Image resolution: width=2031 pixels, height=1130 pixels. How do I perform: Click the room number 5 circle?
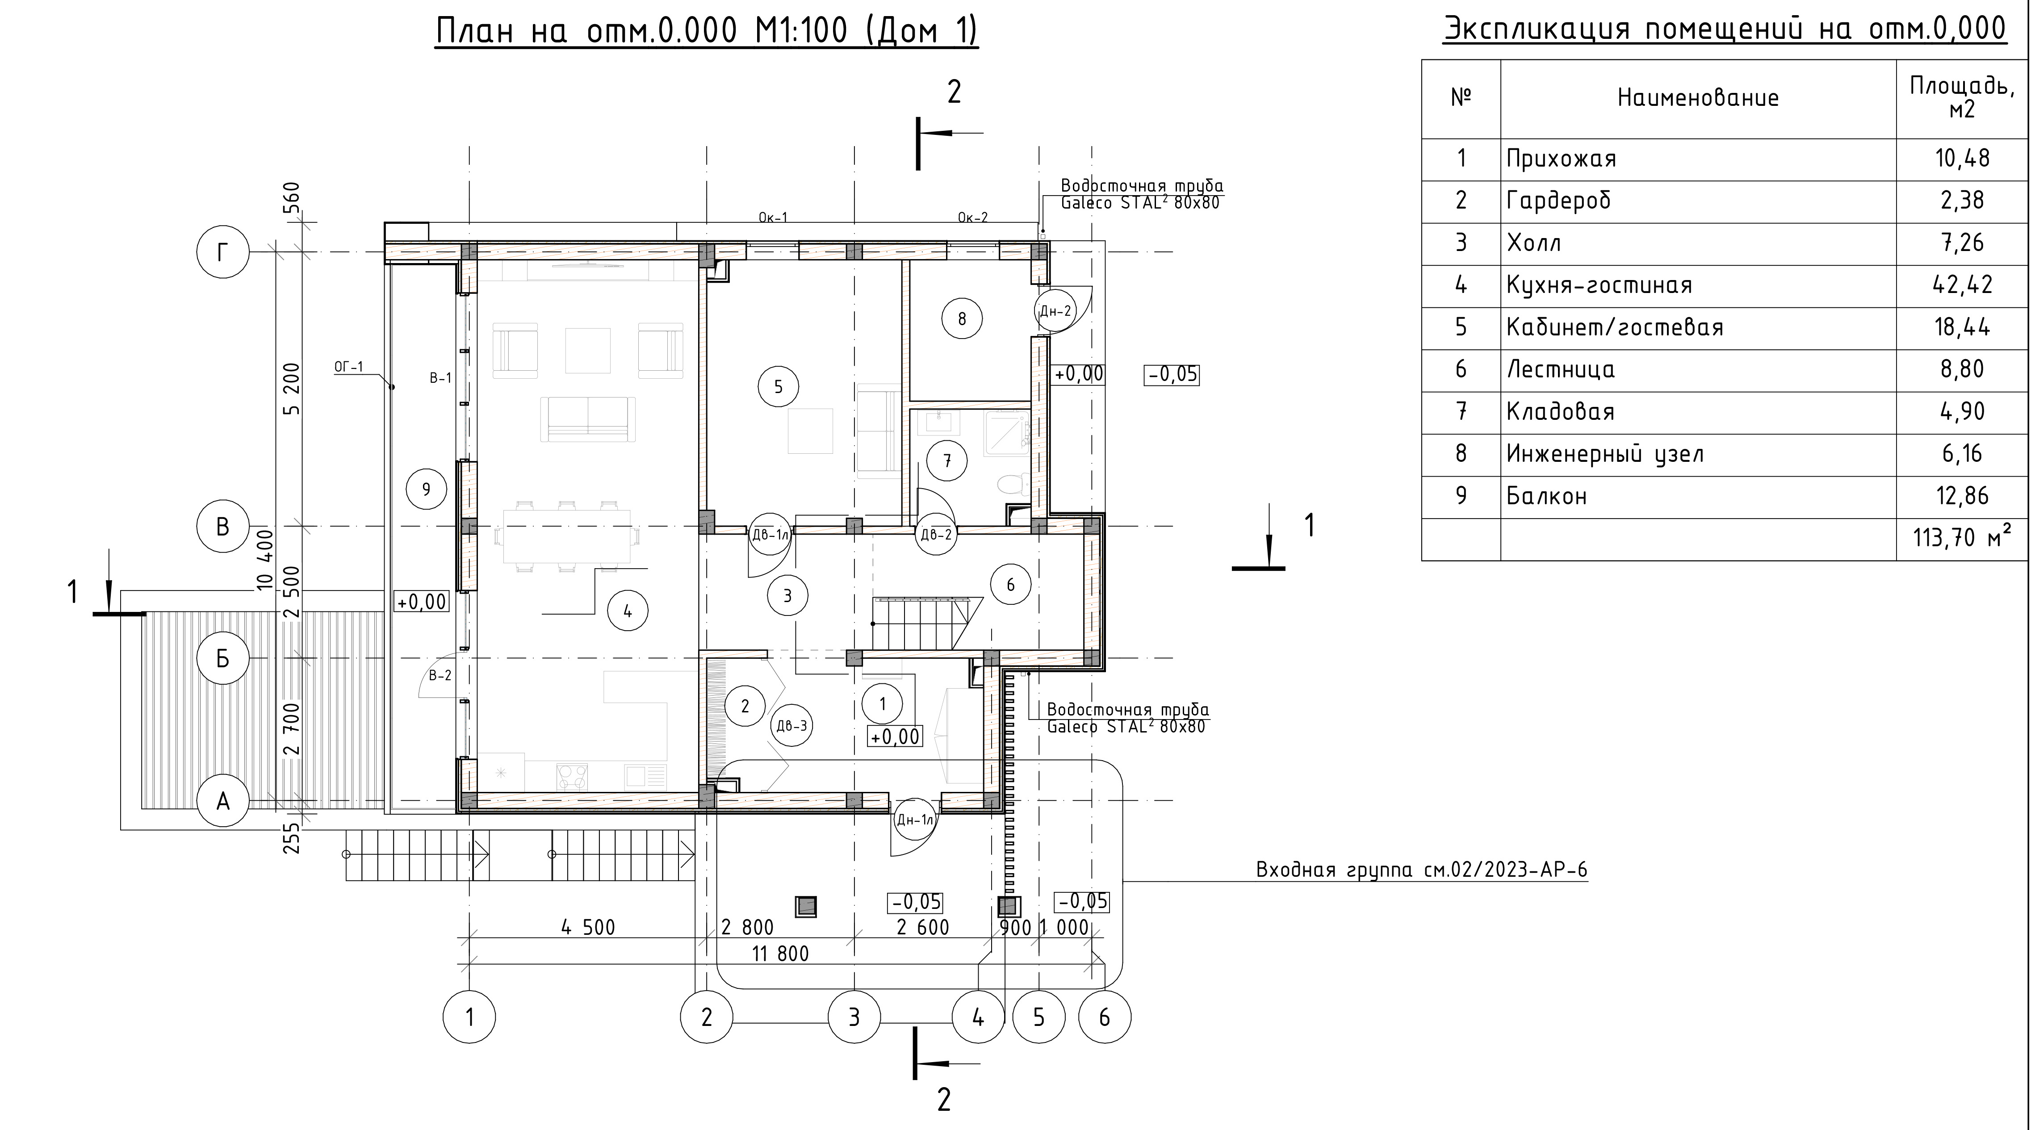778,386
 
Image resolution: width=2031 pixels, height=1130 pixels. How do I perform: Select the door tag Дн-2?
1055,311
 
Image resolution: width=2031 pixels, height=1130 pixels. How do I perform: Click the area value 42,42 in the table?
1962,285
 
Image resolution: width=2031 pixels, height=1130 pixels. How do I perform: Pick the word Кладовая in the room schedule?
1560,412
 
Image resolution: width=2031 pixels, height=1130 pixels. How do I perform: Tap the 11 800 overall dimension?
780,954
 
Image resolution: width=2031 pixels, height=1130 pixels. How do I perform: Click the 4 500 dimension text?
588,927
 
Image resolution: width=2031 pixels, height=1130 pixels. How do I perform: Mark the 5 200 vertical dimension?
292,389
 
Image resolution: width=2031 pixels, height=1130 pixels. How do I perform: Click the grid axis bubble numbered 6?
1104,1017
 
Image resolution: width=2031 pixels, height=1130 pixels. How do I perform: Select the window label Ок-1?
773,218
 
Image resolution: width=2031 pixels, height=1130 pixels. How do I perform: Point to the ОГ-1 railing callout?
349,367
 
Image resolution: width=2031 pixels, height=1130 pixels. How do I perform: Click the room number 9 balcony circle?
427,489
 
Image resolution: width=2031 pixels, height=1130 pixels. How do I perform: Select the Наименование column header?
1698,98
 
